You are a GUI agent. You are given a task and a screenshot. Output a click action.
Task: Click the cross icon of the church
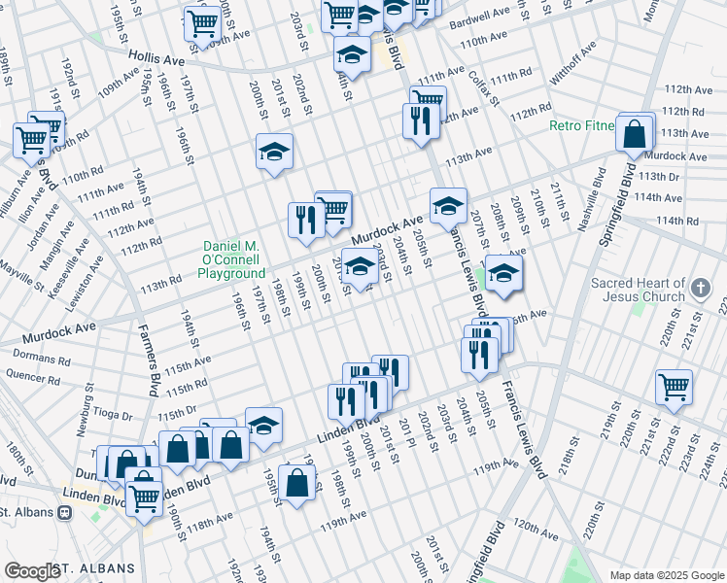pos(702,289)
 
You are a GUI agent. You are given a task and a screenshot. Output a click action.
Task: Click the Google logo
pos(31,571)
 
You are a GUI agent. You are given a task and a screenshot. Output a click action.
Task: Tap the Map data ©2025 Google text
pos(666,575)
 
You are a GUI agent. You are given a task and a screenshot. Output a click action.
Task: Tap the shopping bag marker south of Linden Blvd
pos(296,483)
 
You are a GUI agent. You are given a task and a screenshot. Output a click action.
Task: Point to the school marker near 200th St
pos(274,151)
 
